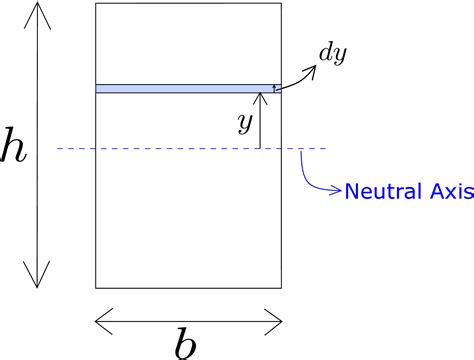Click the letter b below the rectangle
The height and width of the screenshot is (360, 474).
tap(186, 343)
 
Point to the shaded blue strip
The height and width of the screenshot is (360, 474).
tap(185, 89)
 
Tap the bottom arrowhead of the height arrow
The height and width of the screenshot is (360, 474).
tap(38, 283)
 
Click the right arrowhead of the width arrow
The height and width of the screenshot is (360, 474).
tap(279, 320)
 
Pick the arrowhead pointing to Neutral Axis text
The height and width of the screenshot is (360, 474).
tap(337, 189)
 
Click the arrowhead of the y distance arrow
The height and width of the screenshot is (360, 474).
tap(259, 97)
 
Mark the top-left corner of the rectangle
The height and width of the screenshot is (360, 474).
tap(96, 5)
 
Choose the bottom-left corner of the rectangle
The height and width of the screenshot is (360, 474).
tap(96, 288)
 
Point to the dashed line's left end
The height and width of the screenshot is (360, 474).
tap(58, 149)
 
